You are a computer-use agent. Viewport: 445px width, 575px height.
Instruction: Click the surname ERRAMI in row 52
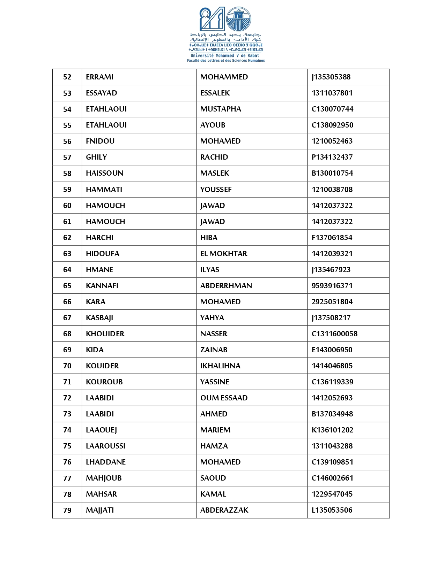100,77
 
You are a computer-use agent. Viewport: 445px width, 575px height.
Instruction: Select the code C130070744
332,109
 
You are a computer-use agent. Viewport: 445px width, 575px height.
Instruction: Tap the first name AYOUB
213,125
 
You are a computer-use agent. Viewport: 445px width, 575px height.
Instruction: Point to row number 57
67,158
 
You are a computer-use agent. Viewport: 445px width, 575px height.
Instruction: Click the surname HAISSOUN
104,173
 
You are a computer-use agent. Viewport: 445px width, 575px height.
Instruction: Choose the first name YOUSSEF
216,190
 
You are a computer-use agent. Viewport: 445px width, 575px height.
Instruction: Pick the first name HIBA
209,238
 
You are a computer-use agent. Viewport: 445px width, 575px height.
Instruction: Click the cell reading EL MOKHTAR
224,254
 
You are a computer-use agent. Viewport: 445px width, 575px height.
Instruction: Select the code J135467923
331,270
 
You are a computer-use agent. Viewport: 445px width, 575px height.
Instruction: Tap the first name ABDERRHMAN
226,286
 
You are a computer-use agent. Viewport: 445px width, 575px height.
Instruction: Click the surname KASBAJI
99,318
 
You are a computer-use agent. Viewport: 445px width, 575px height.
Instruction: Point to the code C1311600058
334,334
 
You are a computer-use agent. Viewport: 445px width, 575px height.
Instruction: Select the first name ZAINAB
214,350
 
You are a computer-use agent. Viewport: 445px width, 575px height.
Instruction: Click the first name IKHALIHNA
220,366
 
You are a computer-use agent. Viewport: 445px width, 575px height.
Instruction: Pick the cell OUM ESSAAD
224,398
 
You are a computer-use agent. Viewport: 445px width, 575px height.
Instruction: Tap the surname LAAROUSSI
105,446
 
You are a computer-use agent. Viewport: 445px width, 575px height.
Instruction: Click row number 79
67,511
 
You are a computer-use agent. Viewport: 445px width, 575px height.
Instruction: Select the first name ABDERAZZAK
224,510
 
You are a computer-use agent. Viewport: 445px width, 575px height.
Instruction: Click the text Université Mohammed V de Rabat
225,56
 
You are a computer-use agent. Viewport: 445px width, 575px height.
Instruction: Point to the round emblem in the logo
239,19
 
